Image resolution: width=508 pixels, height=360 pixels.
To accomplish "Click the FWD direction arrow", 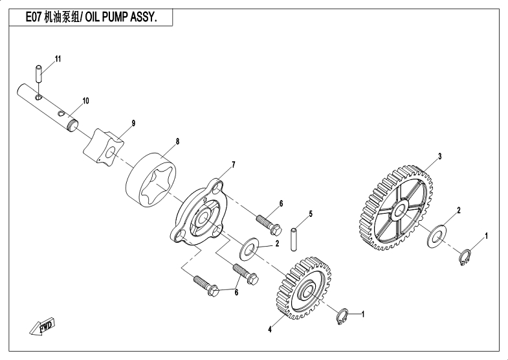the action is pyautogui.click(x=43, y=326).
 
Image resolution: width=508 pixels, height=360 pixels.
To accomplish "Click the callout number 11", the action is pyautogui.click(x=58, y=59).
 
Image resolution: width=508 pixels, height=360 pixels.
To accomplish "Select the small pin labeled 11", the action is pyautogui.click(x=39, y=74).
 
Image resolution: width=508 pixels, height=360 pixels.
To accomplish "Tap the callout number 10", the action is pyautogui.click(x=85, y=101).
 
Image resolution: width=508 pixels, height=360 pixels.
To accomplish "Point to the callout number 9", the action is pyautogui.click(x=133, y=123).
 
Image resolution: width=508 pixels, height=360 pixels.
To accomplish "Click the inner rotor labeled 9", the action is pyautogui.click(x=104, y=146).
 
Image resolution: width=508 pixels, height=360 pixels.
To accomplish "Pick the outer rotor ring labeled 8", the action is pyautogui.click(x=151, y=180).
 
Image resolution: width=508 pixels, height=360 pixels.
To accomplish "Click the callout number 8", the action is pyautogui.click(x=177, y=142).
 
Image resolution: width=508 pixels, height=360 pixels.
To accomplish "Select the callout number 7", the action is pyautogui.click(x=234, y=165).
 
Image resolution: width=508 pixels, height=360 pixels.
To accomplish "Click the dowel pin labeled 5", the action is pyautogui.click(x=294, y=240).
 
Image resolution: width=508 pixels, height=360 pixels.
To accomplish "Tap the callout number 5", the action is pyautogui.click(x=311, y=214).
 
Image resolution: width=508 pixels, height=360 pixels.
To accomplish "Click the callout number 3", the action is pyautogui.click(x=439, y=157).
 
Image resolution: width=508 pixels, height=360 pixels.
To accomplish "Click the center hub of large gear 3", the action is pyautogui.click(x=400, y=210).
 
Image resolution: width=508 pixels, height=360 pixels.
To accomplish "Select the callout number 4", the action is pyautogui.click(x=270, y=330).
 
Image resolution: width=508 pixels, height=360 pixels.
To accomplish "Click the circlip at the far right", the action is pyautogui.click(x=465, y=257).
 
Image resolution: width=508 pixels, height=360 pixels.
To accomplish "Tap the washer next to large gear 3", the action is pyautogui.click(x=437, y=237).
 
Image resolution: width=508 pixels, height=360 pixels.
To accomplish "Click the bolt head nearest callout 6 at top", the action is pyautogui.click(x=276, y=230).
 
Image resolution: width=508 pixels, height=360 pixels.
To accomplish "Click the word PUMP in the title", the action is pyautogui.click(x=115, y=17).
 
